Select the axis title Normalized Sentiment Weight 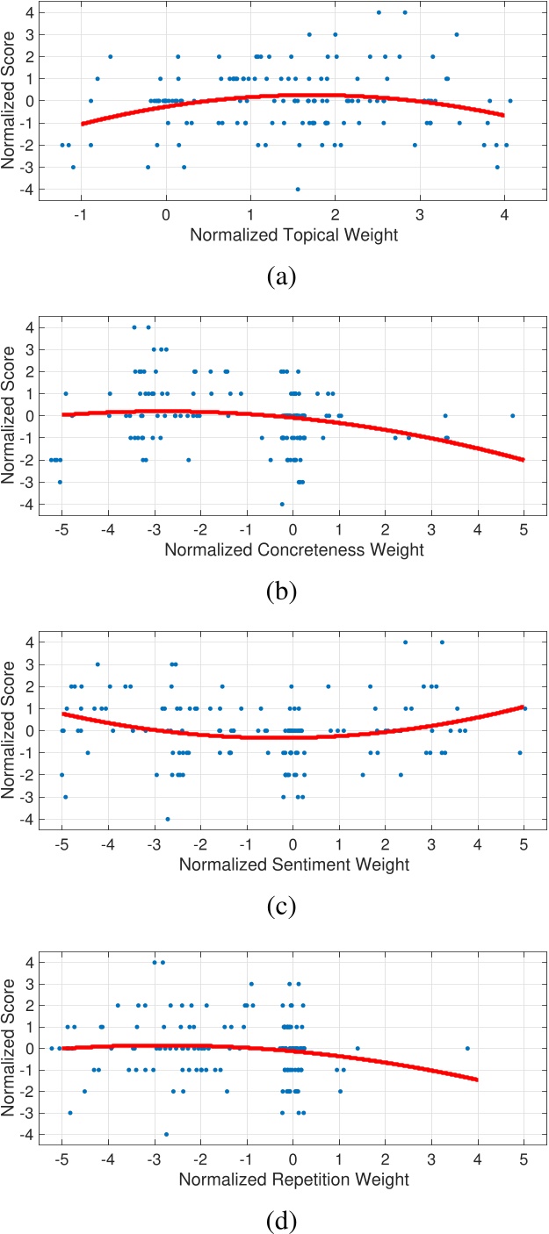click(x=293, y=865)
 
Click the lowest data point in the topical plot click(x=298, y=189)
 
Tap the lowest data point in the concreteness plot click(x=282, y=504)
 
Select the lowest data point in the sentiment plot click(x=167, y=819)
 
